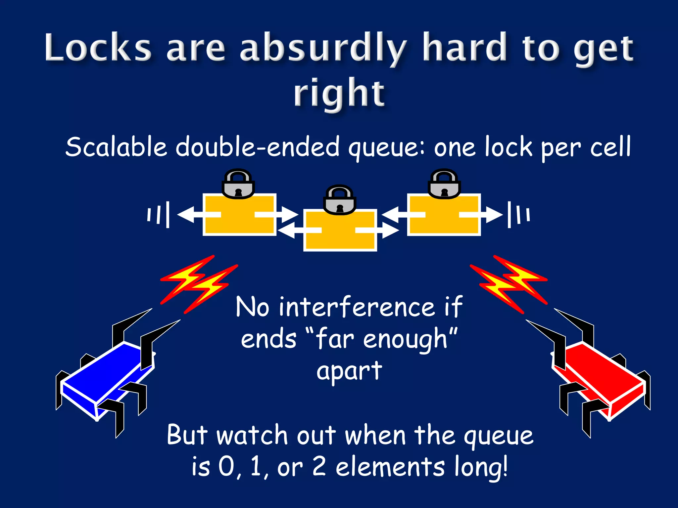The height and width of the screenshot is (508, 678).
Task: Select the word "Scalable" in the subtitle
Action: point(116,147)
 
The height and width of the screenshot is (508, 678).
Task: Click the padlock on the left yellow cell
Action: point(238,184)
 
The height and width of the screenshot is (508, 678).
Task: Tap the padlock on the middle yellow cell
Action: point(339,200)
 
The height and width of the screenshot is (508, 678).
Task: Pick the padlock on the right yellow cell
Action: point(444,184)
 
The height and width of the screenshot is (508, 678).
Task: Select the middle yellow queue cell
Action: point(340,238)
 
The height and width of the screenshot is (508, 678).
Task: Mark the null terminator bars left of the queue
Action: point(159,215)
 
